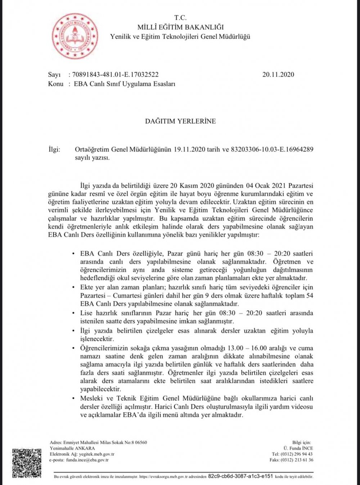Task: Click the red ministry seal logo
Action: click(75, 36)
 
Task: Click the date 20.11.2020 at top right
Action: click(278, 75)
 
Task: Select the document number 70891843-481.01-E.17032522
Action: click(115, 75)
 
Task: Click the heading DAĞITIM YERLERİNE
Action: click(180, 121)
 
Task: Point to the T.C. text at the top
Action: click(180, 18)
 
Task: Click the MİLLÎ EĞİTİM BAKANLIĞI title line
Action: click(180, 27)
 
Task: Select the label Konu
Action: click(55, 84)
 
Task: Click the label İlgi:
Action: click(54, 149)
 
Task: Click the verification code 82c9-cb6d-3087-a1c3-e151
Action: click(240, 476)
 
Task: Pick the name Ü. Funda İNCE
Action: click(298, 448)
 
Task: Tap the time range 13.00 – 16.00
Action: click(247, 348)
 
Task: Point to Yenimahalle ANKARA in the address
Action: click(72, 448)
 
